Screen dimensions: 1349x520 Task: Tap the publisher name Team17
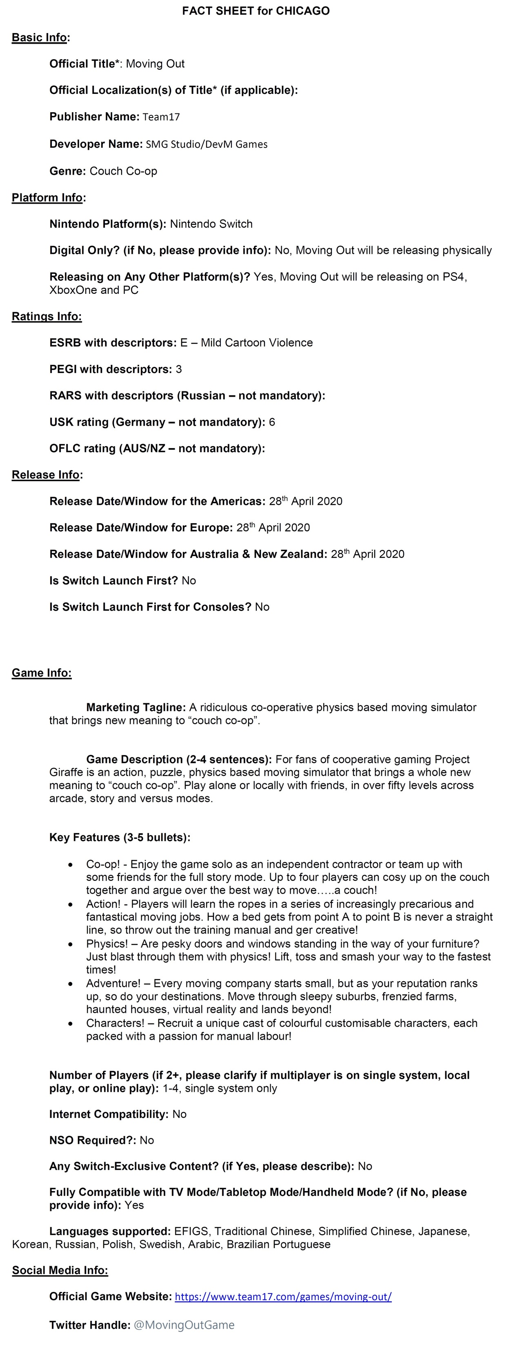161,117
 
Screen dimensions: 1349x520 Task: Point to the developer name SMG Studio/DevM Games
206,144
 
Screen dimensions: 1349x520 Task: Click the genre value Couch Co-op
123,171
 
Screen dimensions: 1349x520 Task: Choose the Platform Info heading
47,198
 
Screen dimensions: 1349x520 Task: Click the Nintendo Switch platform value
211,224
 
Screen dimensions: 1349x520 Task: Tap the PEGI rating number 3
178,369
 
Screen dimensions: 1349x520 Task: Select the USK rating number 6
272,422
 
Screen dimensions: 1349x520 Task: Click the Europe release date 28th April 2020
273,528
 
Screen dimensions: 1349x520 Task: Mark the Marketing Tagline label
136,707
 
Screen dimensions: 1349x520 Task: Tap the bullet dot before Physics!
71,944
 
